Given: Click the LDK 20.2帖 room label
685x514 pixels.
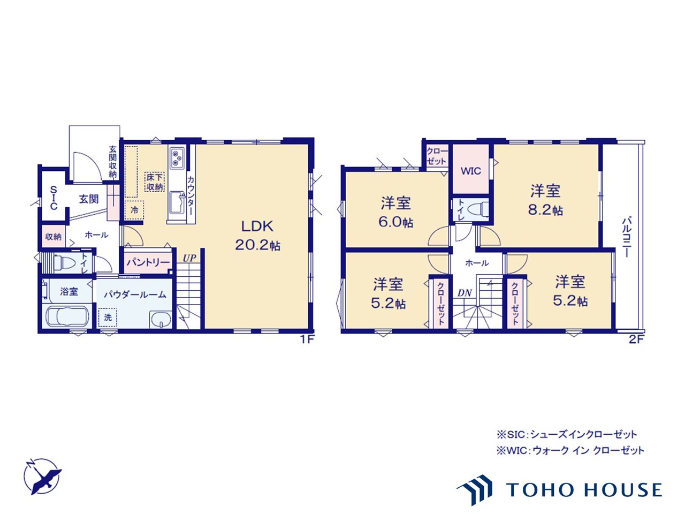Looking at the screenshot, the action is (257, 235).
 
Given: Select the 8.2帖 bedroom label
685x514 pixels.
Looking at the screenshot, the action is (545, 200).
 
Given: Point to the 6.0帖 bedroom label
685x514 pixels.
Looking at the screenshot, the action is (395, 212).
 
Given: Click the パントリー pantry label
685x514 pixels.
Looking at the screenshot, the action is (148, 262).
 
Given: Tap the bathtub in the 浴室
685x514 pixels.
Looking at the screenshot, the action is (66, 317).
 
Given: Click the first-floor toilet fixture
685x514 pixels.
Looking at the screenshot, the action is (65, 262).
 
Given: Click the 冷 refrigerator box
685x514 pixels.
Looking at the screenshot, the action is (134, 210).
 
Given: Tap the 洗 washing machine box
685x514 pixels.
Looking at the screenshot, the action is (108, 318).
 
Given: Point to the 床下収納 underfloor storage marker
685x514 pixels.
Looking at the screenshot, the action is (155, 182).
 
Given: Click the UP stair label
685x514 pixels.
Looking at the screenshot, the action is (189, 258).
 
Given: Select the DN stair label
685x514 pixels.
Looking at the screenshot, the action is (465, 293).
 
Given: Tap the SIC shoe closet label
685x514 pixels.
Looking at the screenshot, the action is (54, 198).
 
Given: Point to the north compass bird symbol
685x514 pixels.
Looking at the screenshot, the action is (42, 477).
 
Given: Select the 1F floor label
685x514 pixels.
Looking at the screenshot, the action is (307, 339).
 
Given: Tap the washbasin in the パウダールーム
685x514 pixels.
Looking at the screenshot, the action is (161, 320).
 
